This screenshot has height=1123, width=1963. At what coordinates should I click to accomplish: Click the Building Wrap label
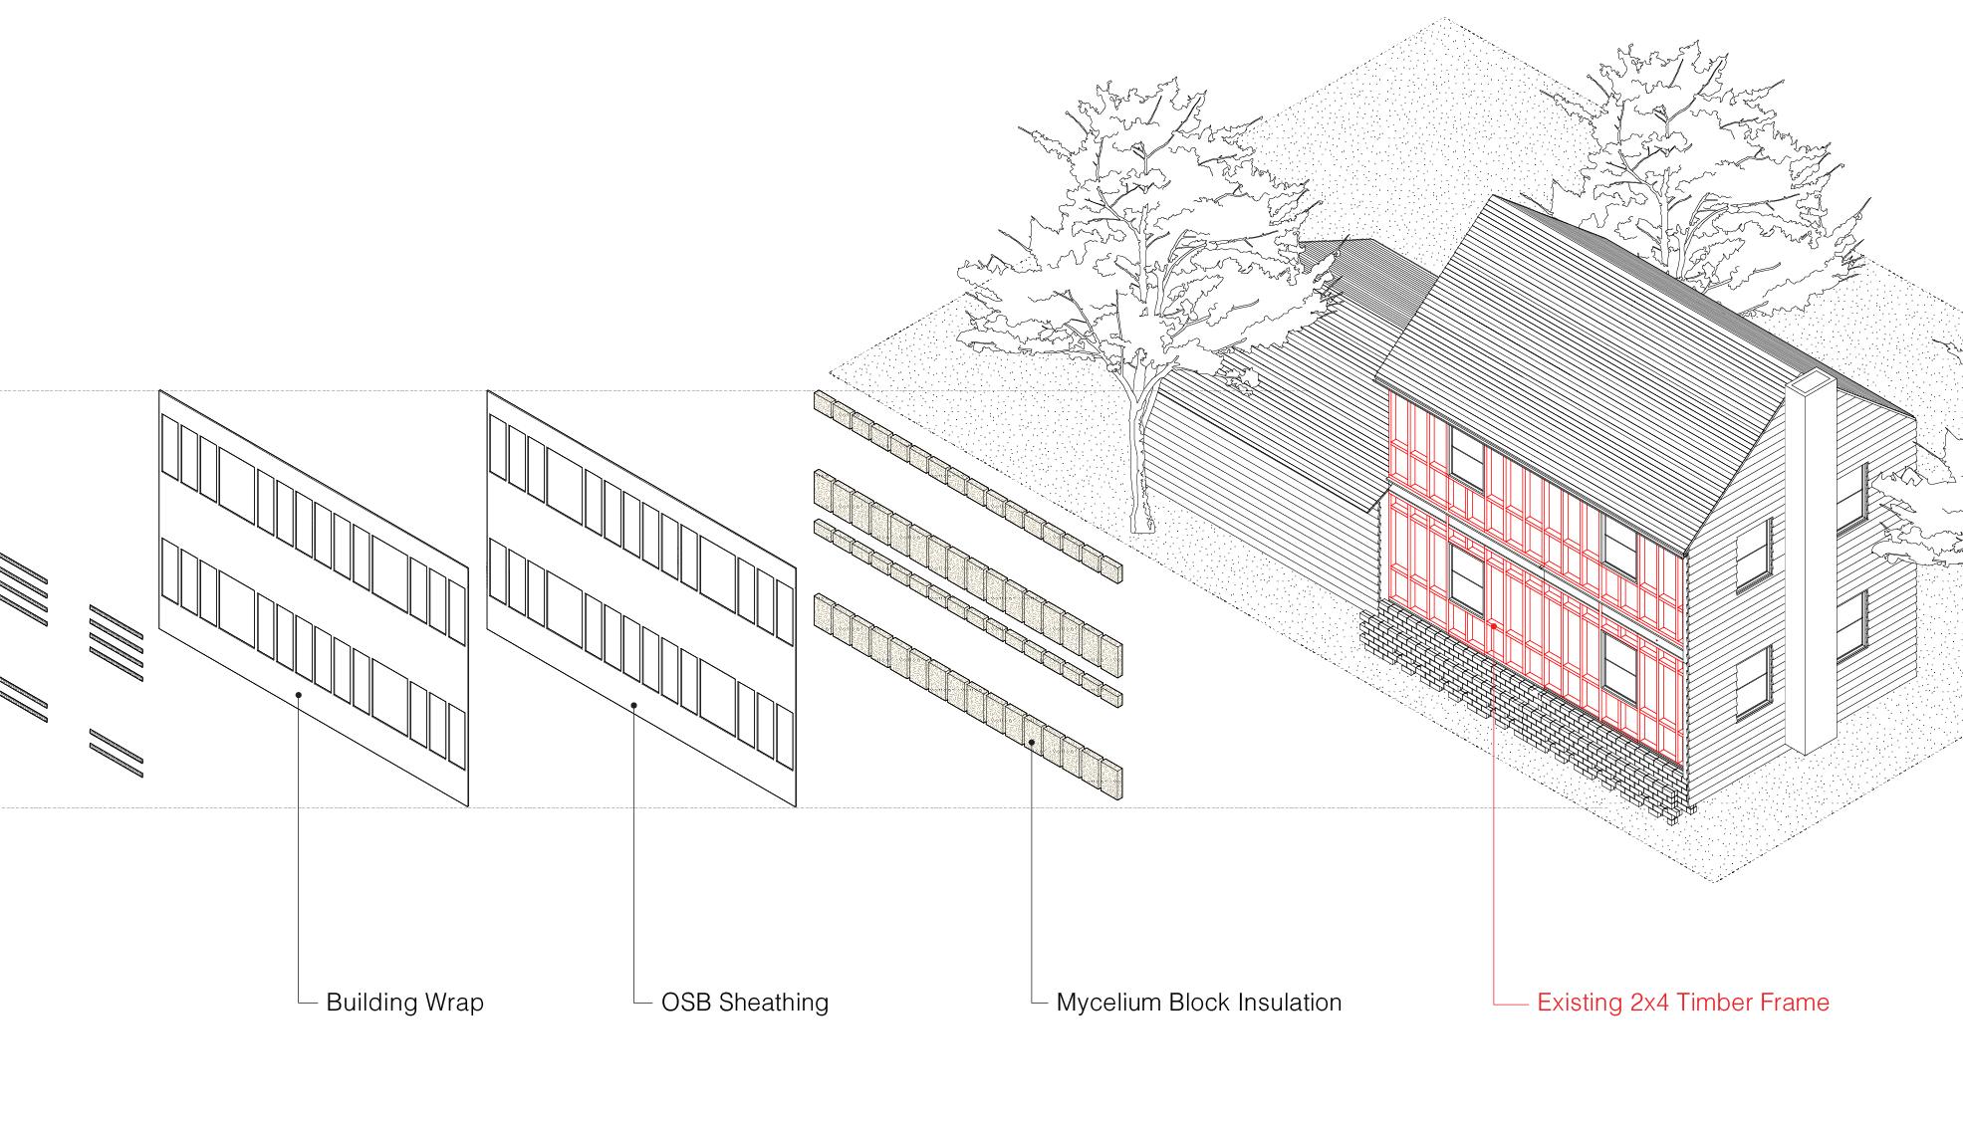(x=404, y=1002)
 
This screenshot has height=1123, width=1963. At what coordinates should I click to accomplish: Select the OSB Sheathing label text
(x=744, y=1002)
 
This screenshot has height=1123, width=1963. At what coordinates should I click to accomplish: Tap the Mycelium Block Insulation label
(x=1198, y=1002)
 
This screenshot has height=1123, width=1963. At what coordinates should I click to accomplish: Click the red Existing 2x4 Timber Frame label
(x=1682, y=1002)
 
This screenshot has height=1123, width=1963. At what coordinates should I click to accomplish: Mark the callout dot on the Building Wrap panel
(x=298, y=695)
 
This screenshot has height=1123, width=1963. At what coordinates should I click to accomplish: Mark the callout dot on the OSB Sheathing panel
(x=634, y=706)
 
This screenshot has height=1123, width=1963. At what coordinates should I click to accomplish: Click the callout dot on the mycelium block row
(x=1031, y=742)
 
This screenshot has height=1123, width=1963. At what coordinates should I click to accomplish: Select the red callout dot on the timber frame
(x=1494, y=626)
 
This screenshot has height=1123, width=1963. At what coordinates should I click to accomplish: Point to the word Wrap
(x=455, y=1003)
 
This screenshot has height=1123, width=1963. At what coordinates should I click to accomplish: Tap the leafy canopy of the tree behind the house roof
(x=1683, y=149)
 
